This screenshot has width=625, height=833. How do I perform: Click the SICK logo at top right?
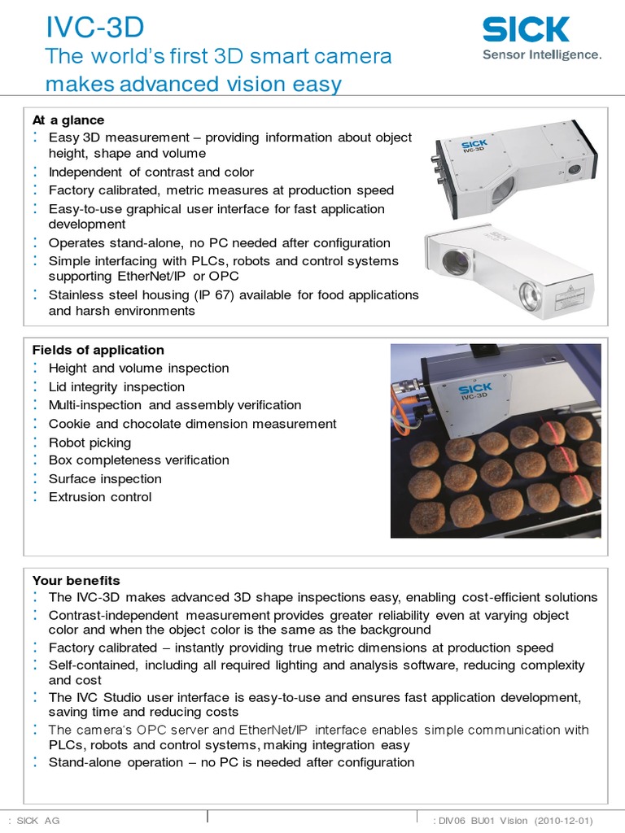point(526,30)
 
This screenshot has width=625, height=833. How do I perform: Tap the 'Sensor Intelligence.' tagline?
point(542,55)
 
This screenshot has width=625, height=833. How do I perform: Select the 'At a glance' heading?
point(68,120)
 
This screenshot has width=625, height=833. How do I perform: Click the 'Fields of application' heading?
point(98,350)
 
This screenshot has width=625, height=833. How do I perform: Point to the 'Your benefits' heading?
point(76,580)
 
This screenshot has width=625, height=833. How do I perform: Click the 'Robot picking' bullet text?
point(90,443)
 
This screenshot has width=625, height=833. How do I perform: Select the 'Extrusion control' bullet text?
point(100,497)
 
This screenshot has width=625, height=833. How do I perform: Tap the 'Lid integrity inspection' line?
point(116,387)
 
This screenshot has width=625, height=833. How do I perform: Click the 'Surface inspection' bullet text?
point(105,479)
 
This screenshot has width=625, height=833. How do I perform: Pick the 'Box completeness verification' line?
point(138,460)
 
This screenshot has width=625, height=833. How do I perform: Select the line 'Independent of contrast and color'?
point(151,172)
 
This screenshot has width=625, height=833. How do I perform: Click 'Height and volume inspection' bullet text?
point(138,369)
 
